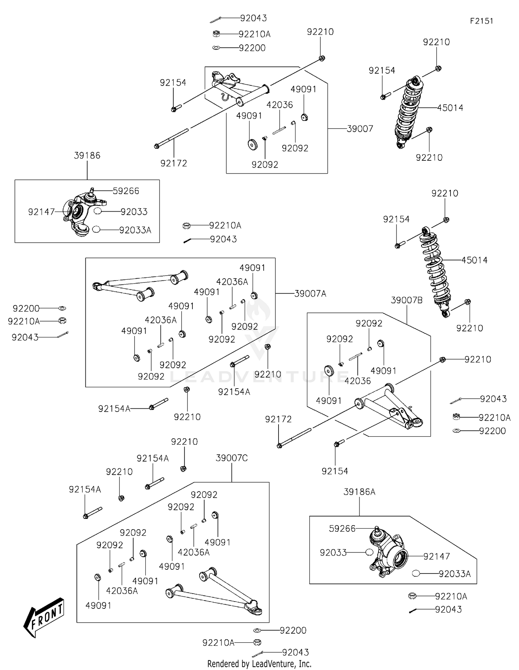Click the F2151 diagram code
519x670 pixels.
pyautogui.click(x=481, y=21)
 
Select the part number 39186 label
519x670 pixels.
pyautogui.click(x=87, y=156)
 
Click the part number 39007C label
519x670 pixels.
pyautogui.click(x=231, y=458)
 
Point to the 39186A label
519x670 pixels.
pyautogui.click(x=359, y=492)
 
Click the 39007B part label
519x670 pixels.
pyautogui.click(x=407, y=300)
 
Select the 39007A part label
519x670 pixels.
pyautogui.click(x=310, y=294)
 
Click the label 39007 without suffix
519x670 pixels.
pyautogui.click(x=360, y=129)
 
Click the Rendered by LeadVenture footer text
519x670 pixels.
pyautogui.click(x=259, y=663)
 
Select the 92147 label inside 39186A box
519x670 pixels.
pyautogui.click(x=437, y=556)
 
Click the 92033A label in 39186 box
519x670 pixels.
pyautogui.click(x=135, y=230)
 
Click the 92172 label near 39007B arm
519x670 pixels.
pyautogui.click(x=278, y=419)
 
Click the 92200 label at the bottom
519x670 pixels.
pyautogui.click(x=293, y=630)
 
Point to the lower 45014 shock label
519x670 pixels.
pyautogui.click(x=474, y=260)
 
